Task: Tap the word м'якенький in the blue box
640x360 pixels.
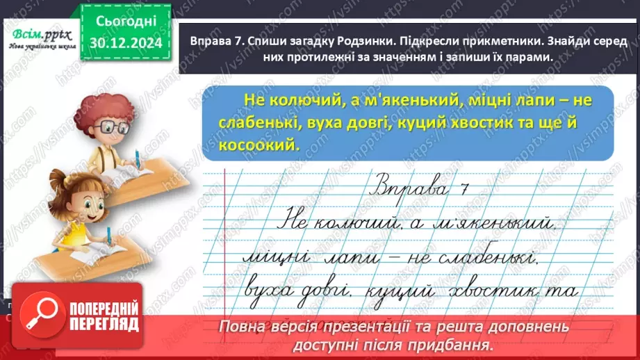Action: click(x=412, y=101)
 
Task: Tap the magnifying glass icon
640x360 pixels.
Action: click(x=39, y=312)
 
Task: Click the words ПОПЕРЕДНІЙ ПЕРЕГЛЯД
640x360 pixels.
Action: click(x=103, y=316)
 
